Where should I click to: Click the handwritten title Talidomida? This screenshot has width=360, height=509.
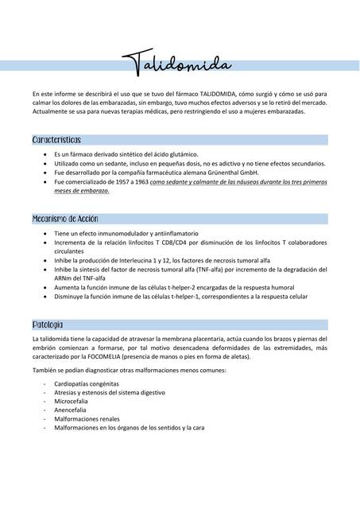coord(178,62)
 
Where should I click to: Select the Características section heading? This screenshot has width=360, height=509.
coord(56,139)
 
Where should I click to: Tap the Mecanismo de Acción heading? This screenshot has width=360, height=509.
coord(65,218)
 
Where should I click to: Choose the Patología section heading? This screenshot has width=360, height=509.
coord(48,325)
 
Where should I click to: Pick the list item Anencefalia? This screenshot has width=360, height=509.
coord(72,409)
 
